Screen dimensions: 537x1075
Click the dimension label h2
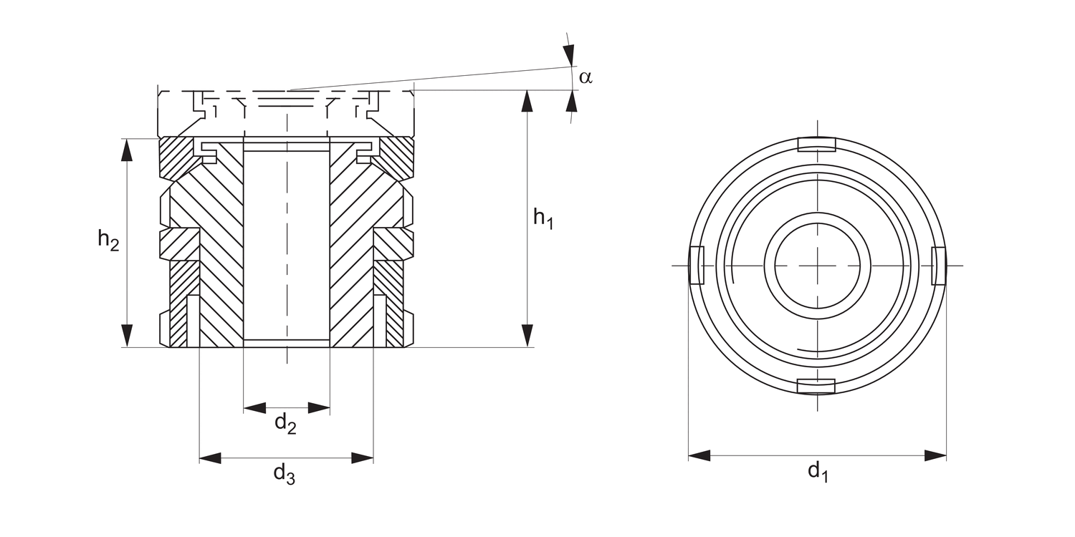point(108,241)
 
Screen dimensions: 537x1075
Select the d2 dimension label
point(285,424)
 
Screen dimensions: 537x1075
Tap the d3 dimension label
point(284,474)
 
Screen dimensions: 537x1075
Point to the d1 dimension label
point(818,472)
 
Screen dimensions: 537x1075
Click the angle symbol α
point(586,77)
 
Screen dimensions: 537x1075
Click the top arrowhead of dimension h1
point(527,101)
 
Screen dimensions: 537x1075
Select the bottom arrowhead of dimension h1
point(527,336)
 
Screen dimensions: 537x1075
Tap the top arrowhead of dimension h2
point(127,150)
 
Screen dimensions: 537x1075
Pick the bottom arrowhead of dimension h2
point(127,336)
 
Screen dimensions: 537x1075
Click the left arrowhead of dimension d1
point(699,455)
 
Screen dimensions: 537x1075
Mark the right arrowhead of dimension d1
point(935,455)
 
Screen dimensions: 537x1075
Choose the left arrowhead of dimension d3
point(210,458)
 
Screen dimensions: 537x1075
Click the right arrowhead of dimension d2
point(319,408)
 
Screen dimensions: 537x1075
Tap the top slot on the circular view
point(816,145)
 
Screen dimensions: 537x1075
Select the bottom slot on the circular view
point(816,387)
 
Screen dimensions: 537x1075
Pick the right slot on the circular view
point(939,265)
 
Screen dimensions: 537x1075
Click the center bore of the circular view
point(818,265)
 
